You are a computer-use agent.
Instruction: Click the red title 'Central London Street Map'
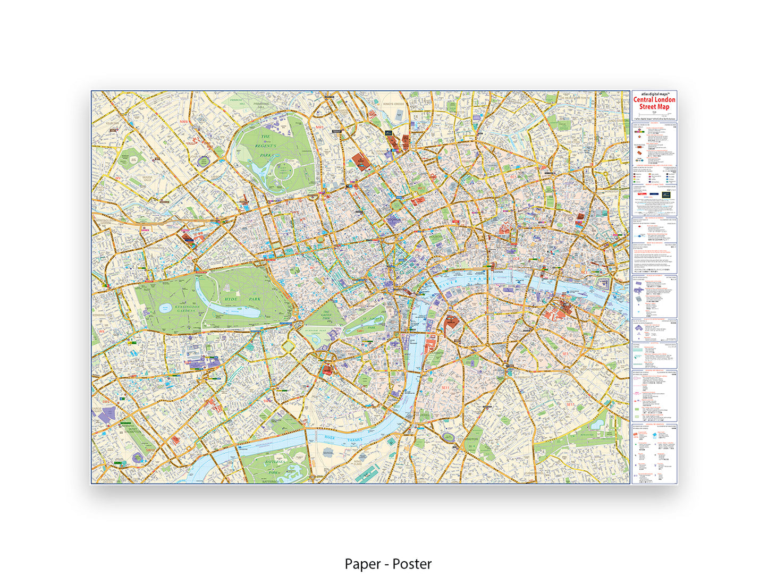tap(654, 103)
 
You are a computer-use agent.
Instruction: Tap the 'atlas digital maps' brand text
tap(654, 94)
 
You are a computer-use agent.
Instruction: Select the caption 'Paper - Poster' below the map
tap(388, 564)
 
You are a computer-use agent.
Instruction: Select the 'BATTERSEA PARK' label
tap(274, 467)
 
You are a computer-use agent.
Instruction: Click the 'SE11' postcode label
tap(445, 388)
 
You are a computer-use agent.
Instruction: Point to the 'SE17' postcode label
tap(570, 404)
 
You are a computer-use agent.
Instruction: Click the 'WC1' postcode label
tap(420, 188)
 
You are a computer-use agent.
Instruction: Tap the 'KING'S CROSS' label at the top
tap(394, 104)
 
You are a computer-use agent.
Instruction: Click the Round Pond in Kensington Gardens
tap(165, 308)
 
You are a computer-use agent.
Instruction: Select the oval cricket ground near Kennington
tap(448, 437)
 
